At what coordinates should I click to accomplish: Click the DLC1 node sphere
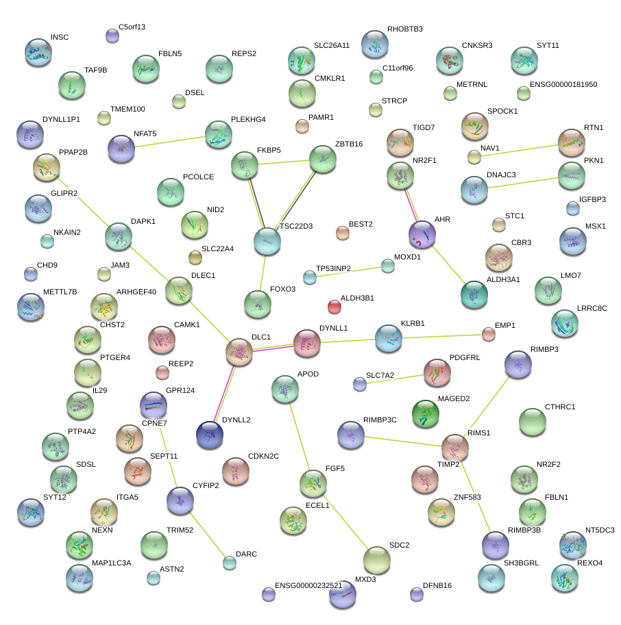click(240, 352)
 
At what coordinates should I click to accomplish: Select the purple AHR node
click(422, 234)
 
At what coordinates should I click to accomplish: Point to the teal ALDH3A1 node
click(474, 294)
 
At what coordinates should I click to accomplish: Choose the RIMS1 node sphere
click(454, 447)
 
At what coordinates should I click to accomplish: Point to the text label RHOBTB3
click(404, 29)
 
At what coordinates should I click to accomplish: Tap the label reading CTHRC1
click(560, 407)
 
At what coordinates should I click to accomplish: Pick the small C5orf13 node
click(112, 36)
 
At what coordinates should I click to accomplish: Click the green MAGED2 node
click(425, 413)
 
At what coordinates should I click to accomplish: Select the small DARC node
click(230, 563)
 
